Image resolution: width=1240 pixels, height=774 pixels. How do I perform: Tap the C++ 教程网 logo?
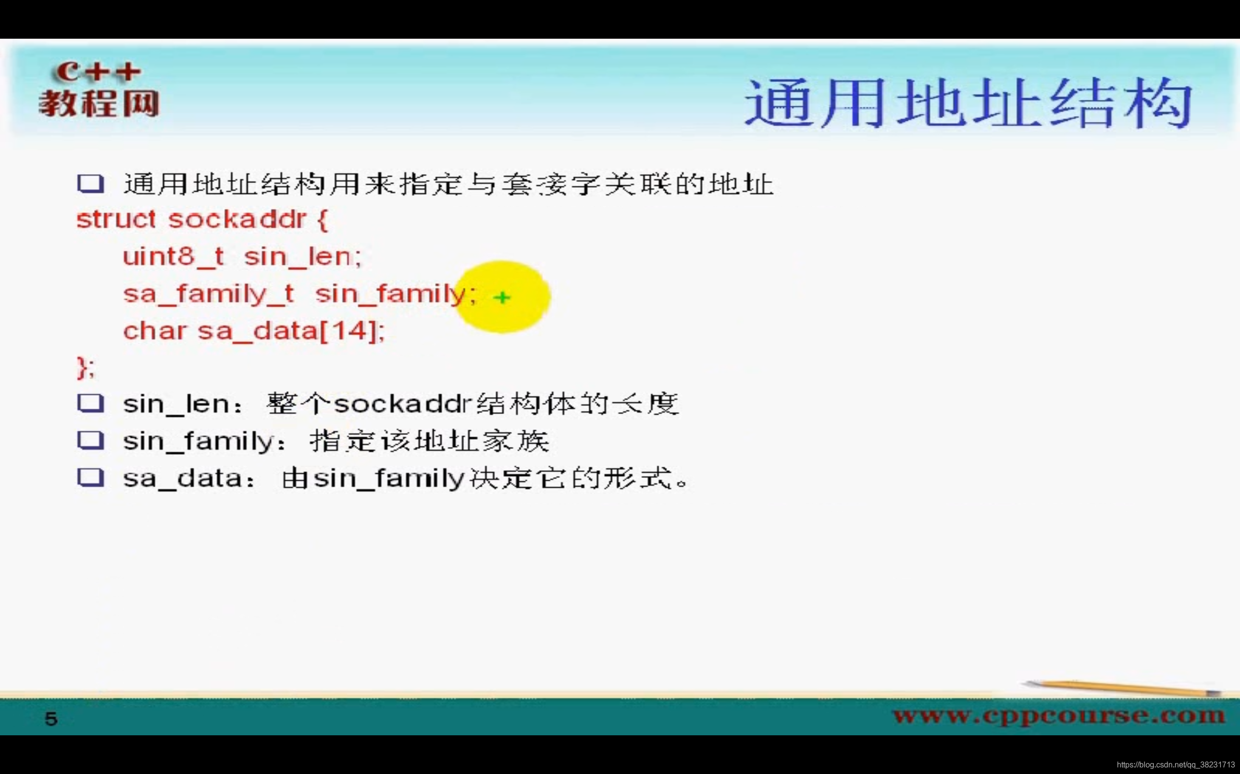tap(98, 90)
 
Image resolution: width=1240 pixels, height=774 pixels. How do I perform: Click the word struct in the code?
tap(116, 220)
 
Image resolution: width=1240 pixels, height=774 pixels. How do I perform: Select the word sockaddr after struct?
tap(237, 220)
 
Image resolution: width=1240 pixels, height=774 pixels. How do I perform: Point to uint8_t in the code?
tap(173, 256)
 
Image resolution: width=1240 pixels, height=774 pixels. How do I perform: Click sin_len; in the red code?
tap(302, 256)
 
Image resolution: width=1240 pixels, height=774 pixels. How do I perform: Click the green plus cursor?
tap(502, 298)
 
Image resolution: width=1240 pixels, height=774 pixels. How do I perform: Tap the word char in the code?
tap(154, 331)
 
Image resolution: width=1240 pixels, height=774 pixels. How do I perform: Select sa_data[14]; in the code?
tap(291, 331)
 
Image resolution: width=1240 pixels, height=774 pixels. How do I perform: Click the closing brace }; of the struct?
tap(86, 368)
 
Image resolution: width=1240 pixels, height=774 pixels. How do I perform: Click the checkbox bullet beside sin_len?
tap(91, 403)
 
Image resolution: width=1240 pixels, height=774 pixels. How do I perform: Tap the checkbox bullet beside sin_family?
tap(91, 440)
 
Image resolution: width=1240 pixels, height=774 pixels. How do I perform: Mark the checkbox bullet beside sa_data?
tap(91, 477)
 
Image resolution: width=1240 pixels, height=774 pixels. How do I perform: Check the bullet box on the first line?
tap(91, 184)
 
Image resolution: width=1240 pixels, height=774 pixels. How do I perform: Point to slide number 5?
tap(51, 719)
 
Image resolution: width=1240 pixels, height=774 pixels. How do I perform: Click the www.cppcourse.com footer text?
tap(1059, 715)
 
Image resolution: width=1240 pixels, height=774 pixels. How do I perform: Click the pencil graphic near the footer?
tap(1122, 688)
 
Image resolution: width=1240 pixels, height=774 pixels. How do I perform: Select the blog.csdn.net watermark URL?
tap(1176, 765)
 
